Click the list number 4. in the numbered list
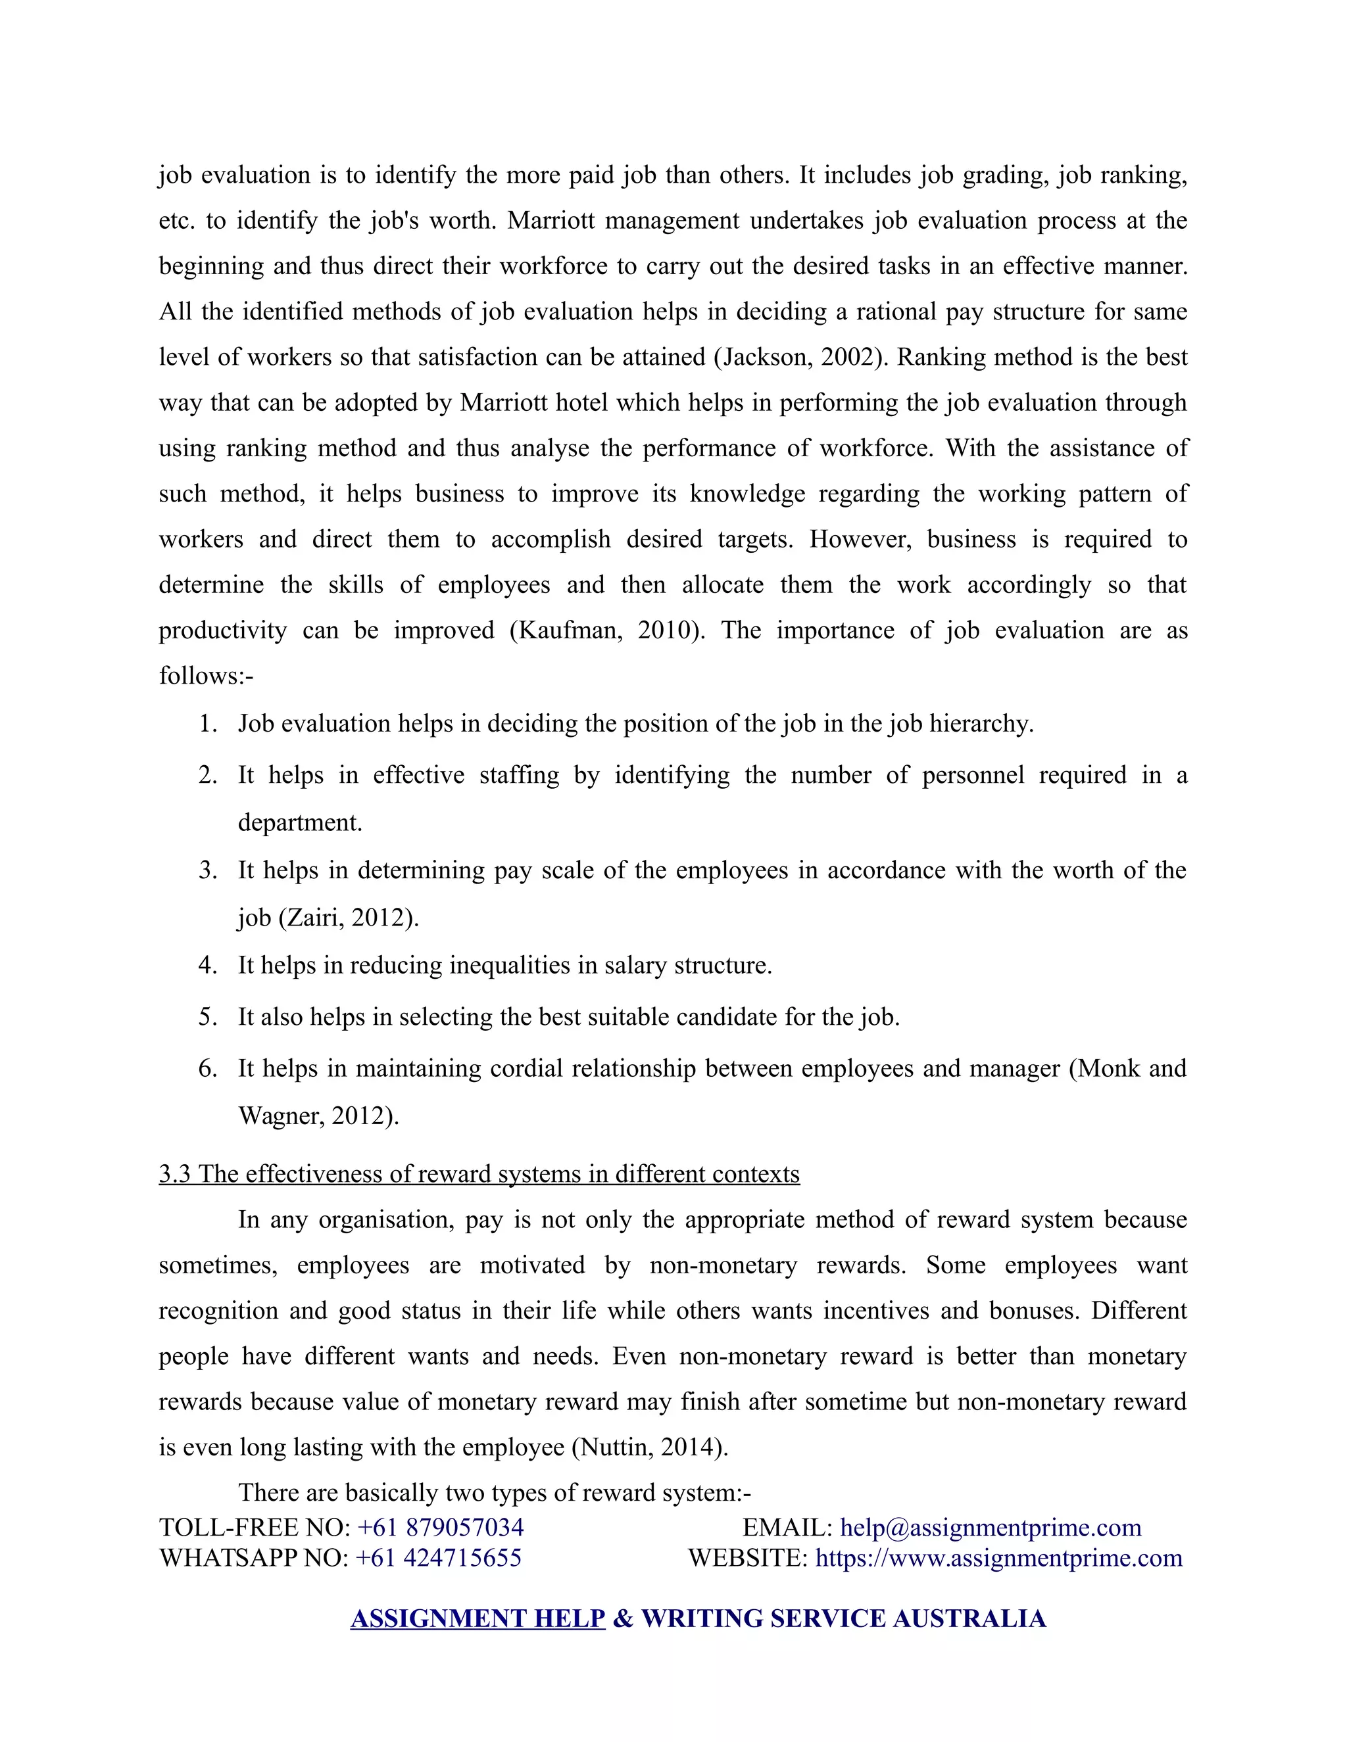tap(207, 965)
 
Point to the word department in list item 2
tap(299, 822)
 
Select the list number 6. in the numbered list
tap(207, 1068)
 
